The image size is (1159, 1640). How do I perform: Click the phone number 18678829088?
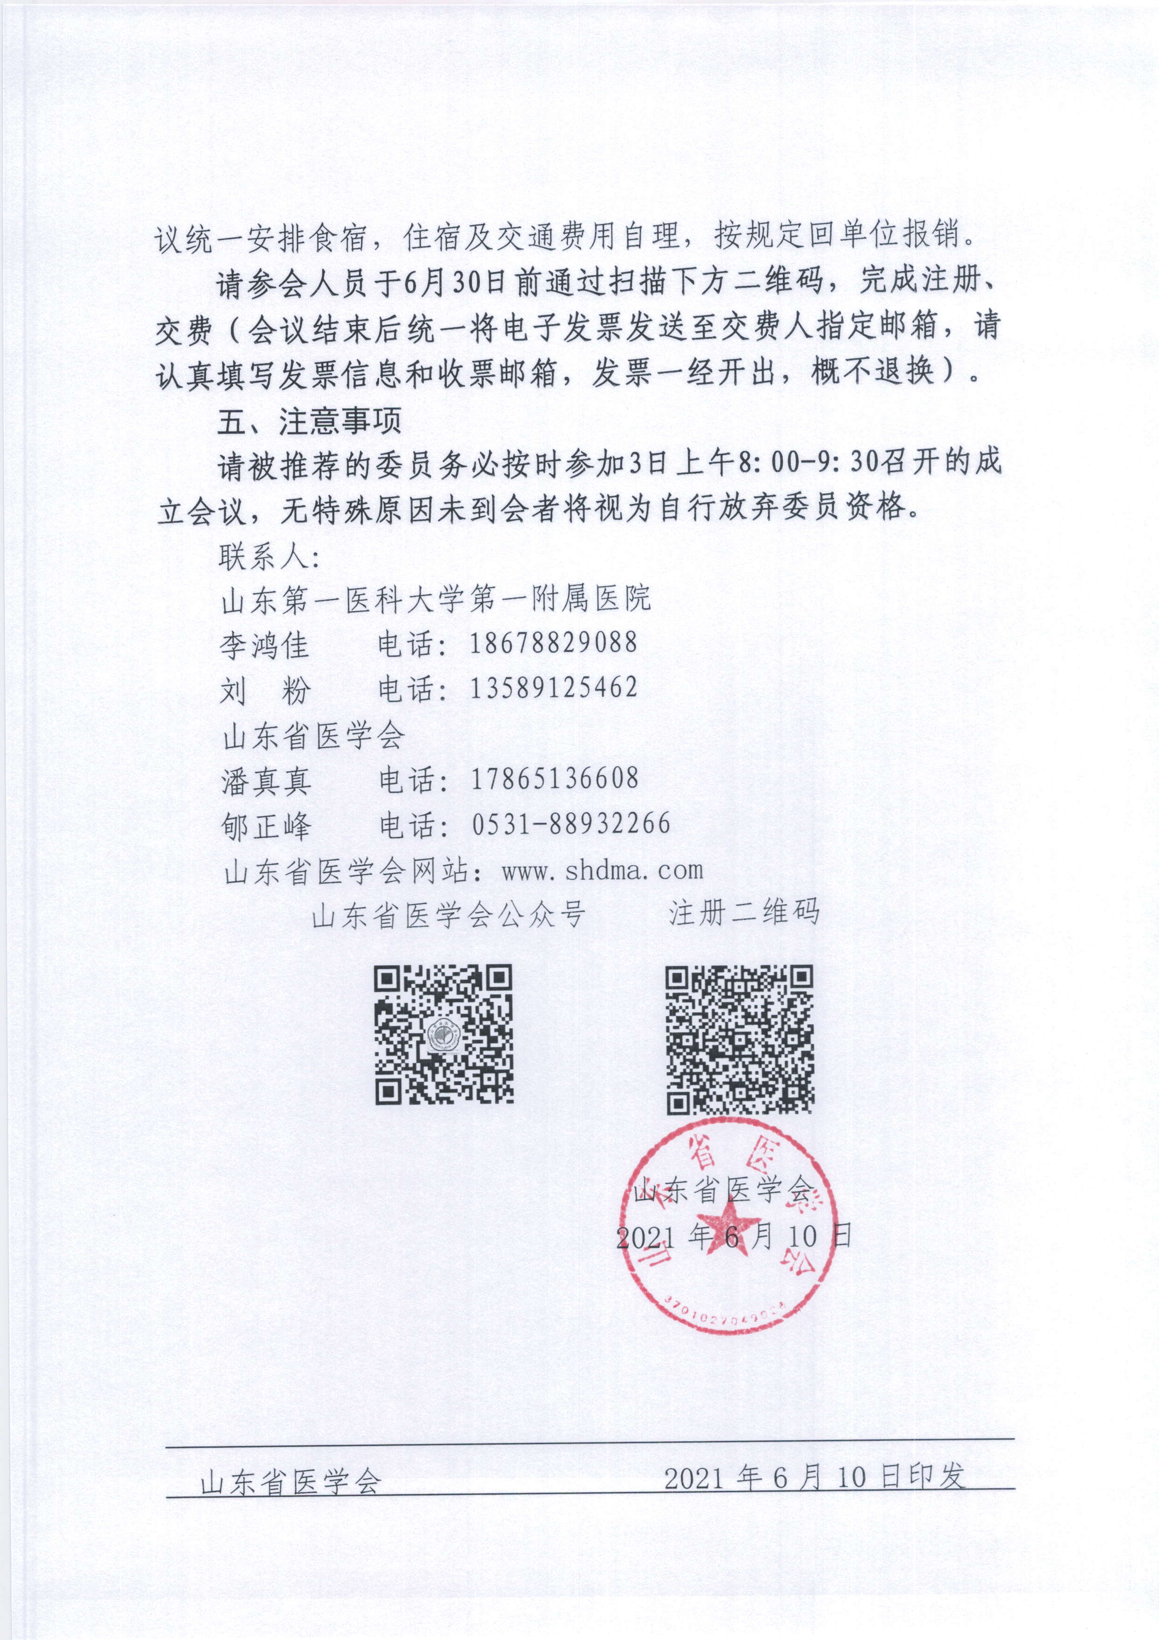click(553, 643)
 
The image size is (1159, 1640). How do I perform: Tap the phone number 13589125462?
click(553, 688)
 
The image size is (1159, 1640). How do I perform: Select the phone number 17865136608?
click(554, 778)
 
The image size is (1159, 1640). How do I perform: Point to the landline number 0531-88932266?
click(571, 824)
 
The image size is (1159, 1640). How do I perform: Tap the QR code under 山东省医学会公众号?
click(444, 1035)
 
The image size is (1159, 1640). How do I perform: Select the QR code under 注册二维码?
click(740, 1039)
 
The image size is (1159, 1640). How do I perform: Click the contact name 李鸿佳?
click(264, 646)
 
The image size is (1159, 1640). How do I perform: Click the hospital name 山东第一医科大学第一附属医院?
click(436, 598)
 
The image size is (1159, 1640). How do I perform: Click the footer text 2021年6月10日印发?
click(815, 1477)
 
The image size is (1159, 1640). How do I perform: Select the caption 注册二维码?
click(744, 913)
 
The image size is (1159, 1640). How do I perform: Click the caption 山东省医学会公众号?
click(449, 915)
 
